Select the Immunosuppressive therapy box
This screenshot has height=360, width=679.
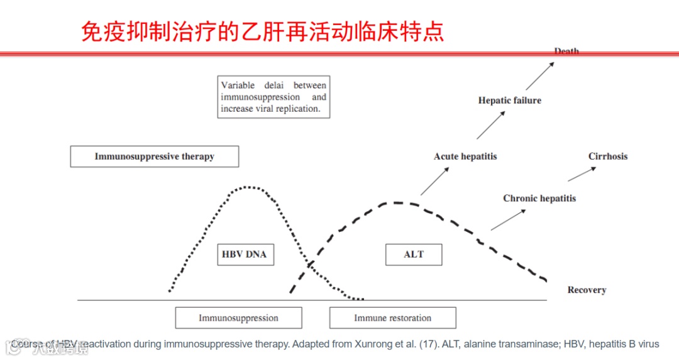pos(154,156)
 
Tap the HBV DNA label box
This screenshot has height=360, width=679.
pos(244,254)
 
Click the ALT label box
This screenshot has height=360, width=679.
pos(414,254)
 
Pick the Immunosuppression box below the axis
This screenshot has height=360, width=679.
pos(238,318)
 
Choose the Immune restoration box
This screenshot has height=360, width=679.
pos(392,318)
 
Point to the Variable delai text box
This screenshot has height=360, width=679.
pos(273,97)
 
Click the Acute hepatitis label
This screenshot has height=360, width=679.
pos(465,156)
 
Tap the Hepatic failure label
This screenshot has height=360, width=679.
pos(509,100)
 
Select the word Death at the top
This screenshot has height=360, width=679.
pos(566,52)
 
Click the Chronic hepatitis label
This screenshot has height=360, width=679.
pos(539,199)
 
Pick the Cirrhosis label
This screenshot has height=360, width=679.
pos(608,156)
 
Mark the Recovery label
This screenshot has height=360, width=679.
pos(587,290)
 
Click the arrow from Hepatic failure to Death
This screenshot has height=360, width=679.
pos(540,76)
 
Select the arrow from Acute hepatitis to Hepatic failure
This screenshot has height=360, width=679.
pos(491,125)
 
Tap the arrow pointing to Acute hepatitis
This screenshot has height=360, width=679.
pos(434,182)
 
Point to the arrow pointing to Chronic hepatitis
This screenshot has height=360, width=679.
pos(508,220)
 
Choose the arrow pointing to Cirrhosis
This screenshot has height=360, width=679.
pos(581,173)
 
